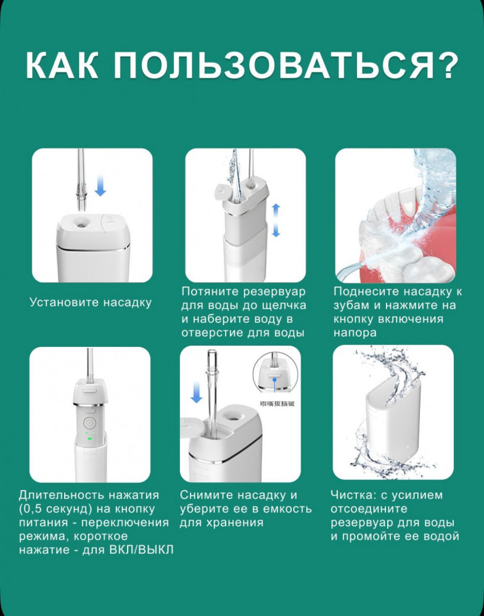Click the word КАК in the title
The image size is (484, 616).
click(x=62, y=65)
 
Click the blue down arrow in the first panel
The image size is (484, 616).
click(x=100, y=185)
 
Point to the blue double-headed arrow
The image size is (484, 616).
click(x=276, y=220)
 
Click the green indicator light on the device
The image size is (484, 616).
click(x=89, y=439)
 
